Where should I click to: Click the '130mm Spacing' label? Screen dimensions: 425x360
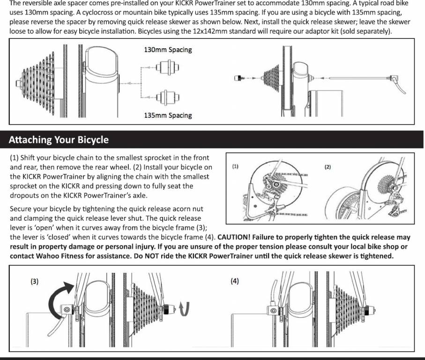pos(168,50)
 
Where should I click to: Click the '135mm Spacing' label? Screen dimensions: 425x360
pos(168,115)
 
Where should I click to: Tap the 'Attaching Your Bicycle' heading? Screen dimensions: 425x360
pos(59,140)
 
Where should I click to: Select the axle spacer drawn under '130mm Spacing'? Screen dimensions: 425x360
pos(167,67)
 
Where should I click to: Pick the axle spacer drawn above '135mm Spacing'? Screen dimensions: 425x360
pos(167,97)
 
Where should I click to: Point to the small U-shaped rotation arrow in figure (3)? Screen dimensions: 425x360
pos(185,309)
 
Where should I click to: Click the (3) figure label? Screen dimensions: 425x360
pos(34,281)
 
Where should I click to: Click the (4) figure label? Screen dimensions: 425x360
pos(235,281)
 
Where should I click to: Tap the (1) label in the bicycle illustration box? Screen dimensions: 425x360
pos(235,166)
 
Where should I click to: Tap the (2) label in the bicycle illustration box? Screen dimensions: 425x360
pos(328,167)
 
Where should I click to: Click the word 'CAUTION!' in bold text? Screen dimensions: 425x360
pos(234,237)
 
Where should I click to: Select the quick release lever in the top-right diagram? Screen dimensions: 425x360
pos(398,84)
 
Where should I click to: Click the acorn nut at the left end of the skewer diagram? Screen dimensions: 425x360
pos(238,78)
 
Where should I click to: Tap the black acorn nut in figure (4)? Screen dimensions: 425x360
pos(369,309)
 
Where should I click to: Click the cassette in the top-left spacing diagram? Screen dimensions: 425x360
pos(38,83)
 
